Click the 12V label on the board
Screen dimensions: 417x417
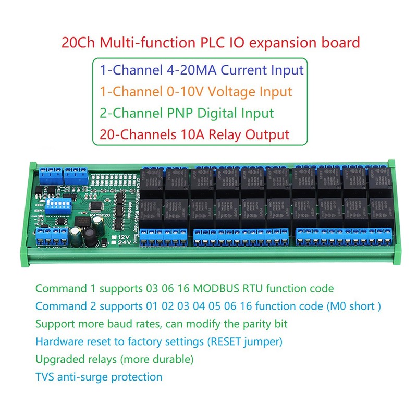121,236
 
